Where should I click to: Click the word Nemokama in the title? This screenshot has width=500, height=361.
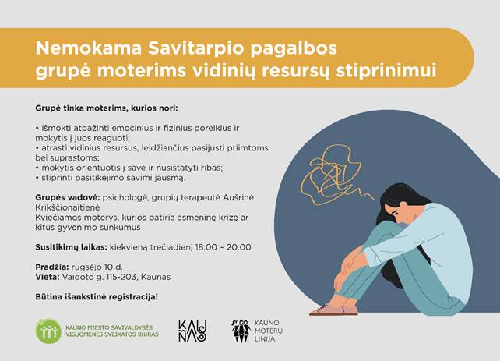coord(88,48)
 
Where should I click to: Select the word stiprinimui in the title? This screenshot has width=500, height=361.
coord(386,71)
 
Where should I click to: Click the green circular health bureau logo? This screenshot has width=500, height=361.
coord(48,331)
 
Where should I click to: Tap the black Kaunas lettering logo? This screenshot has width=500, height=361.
coord(192,331)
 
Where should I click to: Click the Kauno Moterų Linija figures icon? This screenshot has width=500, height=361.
coord(241,331)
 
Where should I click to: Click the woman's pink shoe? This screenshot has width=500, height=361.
coord(333,310)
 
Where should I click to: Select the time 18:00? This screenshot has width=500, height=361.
coord(206,247)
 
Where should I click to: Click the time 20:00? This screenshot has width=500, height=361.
coord(239,247)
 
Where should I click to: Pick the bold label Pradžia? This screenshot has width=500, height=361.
coord(52,267)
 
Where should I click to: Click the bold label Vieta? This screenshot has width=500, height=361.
coord(48,277)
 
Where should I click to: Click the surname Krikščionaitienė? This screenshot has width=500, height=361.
coord(68,207)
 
